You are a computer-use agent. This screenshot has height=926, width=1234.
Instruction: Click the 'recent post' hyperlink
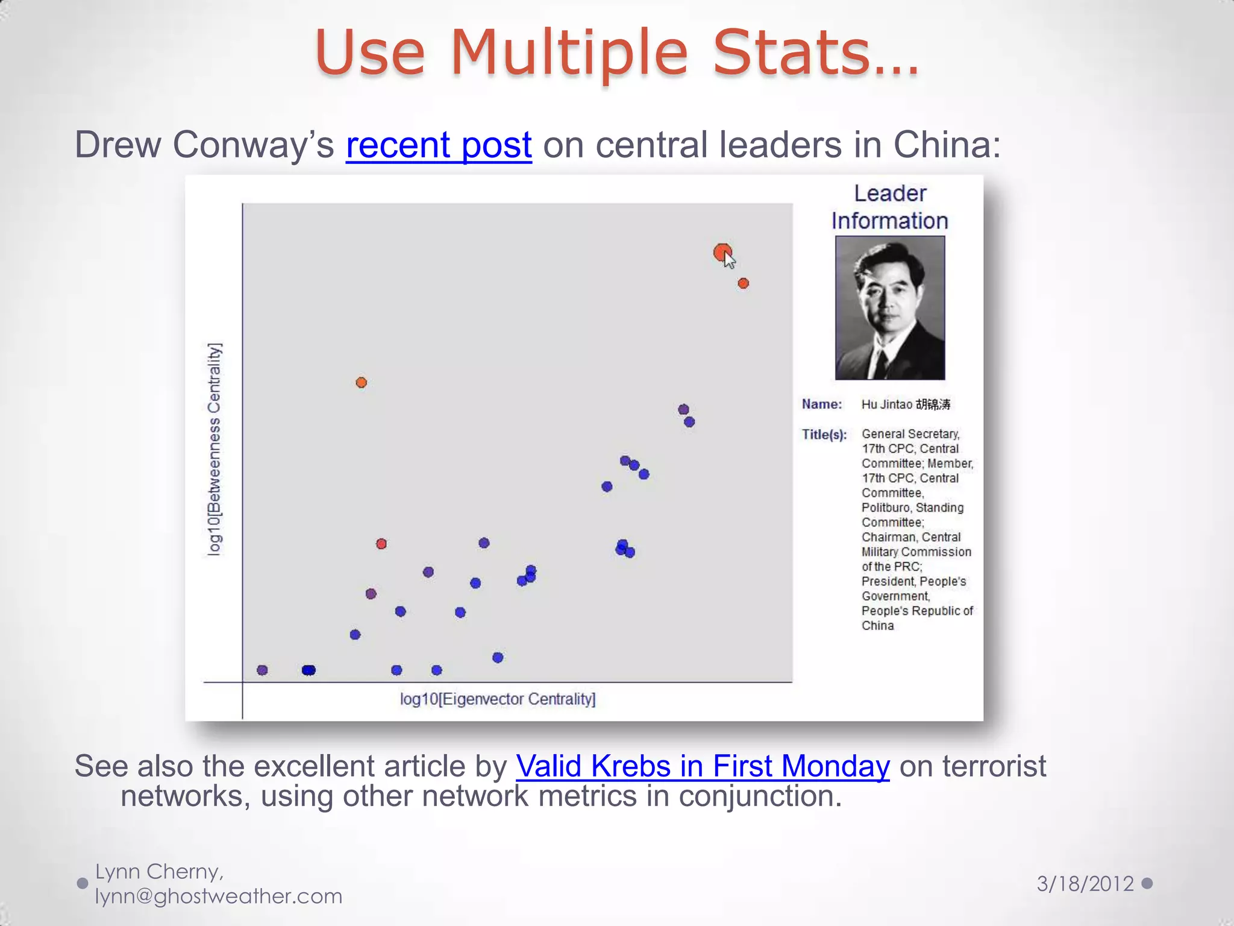(439, 145)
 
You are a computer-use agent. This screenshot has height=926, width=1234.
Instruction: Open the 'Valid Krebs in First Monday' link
(702, 767)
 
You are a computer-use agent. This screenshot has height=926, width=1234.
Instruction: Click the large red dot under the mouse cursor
(721, 252)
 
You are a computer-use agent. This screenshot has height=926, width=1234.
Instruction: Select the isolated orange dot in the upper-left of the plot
(361, 382)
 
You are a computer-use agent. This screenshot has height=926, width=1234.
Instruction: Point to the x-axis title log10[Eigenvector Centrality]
(498, 699)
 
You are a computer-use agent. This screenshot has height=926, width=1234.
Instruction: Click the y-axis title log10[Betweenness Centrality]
(215, 449)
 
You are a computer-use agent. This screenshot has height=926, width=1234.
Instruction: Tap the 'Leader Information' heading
(889, 207)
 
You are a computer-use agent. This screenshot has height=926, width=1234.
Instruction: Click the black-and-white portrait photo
(889, 307)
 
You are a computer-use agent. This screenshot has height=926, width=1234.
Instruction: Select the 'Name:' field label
(821, 405)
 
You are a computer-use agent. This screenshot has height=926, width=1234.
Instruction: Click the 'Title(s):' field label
(824, 435)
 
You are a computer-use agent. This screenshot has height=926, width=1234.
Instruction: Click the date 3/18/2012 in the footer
(1085, 884)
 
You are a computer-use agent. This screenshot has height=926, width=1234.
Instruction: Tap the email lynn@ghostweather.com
(219, 896)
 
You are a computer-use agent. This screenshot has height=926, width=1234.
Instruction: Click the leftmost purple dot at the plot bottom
(262, 670)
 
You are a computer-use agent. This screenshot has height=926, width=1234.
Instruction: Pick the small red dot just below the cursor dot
(743, 283)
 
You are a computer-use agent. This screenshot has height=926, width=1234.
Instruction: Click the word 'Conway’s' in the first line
(253, 145)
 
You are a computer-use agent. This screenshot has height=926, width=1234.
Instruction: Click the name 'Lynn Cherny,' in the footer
(160, 872)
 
